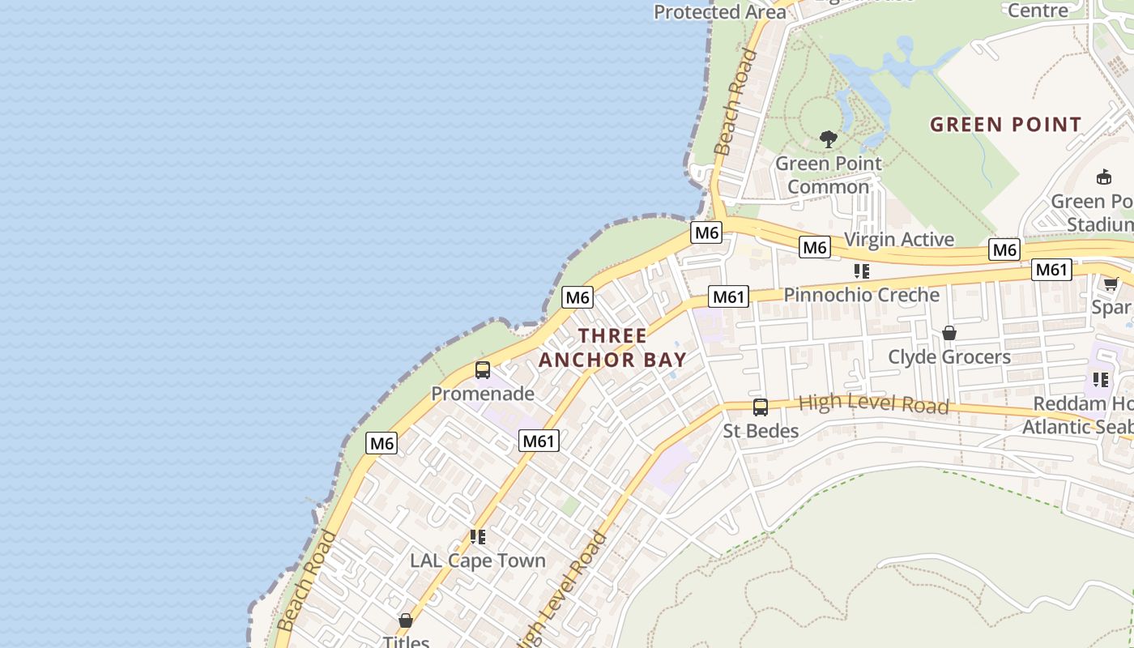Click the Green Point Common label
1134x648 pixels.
(x=828, y=175)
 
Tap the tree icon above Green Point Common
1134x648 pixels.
(x=828, y=139)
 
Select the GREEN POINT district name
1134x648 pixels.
(x=1005, y=125)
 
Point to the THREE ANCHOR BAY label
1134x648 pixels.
(x=612, y=347)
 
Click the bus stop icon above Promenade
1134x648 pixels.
(x=483, y=370)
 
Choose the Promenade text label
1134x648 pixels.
(x=483, y=394)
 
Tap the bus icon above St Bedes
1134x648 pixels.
(x=760, y=407)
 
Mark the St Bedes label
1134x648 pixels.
(x=761, y=431)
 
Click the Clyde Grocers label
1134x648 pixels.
(x=949, y=356)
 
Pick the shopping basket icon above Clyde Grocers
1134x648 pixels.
(x=949, y=333)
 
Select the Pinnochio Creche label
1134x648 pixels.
(x=862, y=295)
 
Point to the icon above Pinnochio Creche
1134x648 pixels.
(x=862, y=271)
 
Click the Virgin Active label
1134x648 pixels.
(x=899, y=240)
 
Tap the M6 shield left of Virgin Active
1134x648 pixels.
(x=815, y=247)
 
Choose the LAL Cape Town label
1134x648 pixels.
(x=478, y=561)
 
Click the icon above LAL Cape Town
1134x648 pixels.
(x=478, y=537)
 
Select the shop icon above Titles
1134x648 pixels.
(x=406, y=620)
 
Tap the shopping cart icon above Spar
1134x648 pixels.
(x=1111, y=283)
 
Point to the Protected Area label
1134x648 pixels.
(x=719, y=12)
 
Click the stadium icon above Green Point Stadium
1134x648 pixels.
(x=1103, y=177)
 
